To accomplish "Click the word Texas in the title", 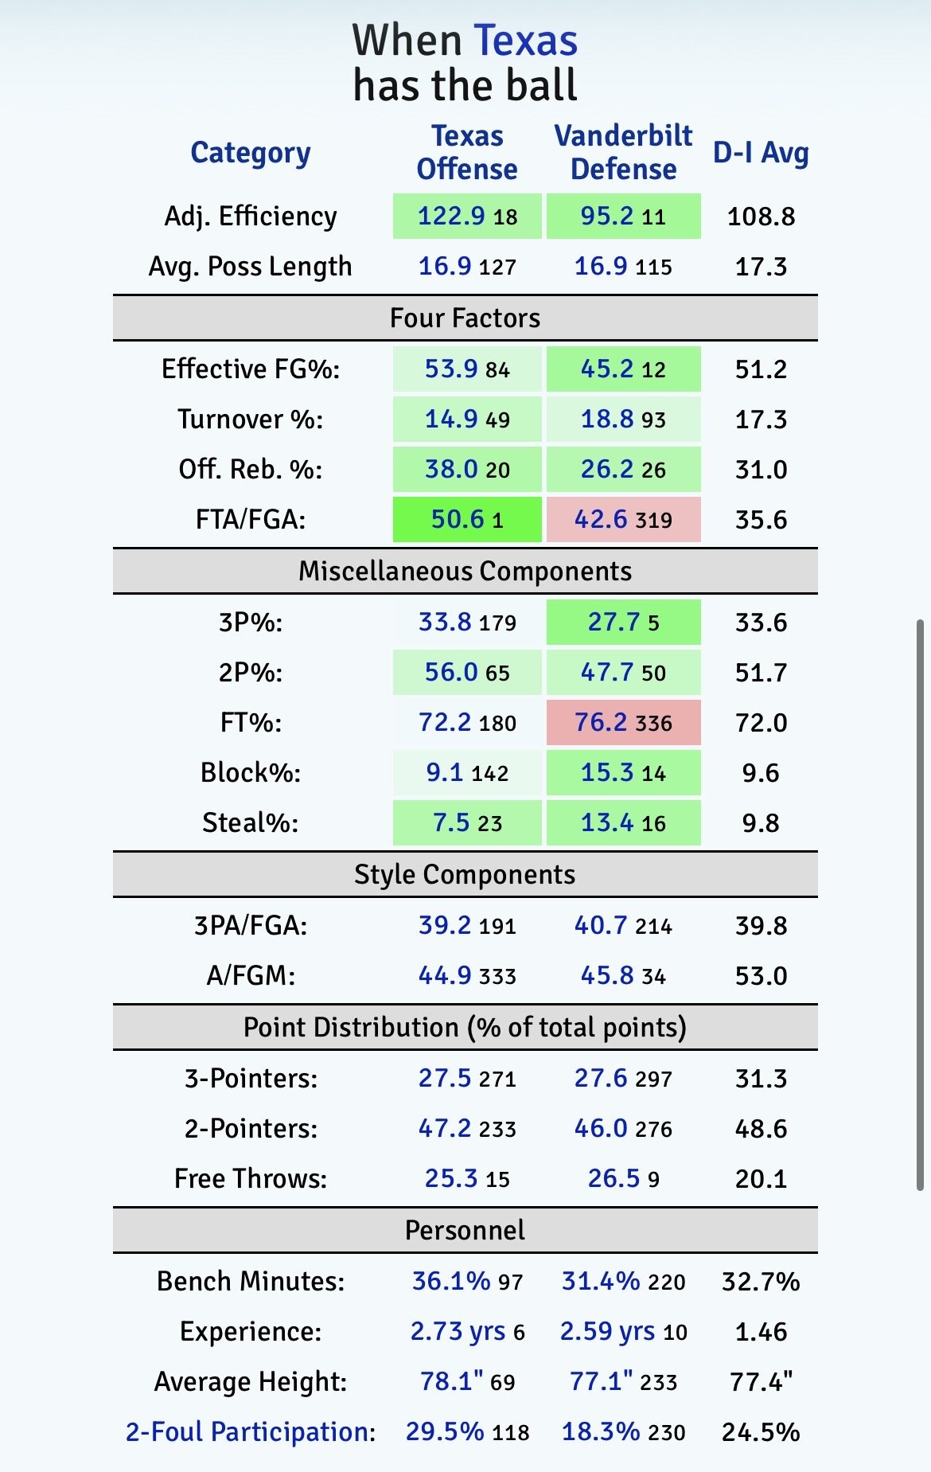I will [525, 41].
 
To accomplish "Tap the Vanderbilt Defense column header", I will [623, 152].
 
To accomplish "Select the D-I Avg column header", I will [761, 152].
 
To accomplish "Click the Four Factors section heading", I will [465, 318].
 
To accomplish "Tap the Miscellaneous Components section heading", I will [465, 571].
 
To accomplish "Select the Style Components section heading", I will [465, 874].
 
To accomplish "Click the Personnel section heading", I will [465, 1230].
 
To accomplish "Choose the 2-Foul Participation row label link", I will [250, 1431].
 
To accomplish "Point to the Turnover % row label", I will [250, 419].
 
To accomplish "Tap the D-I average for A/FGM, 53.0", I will [761, 975].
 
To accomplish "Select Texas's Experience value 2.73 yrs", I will [458, 1331].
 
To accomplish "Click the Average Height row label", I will [250, 1381].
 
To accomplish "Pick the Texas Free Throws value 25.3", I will [451, 1178].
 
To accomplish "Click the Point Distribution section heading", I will [465, 1027].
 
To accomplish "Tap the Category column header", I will [250, 152].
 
